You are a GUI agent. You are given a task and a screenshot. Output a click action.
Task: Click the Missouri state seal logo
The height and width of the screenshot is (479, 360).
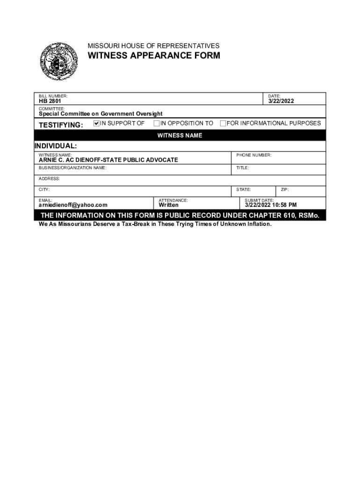(58, 61)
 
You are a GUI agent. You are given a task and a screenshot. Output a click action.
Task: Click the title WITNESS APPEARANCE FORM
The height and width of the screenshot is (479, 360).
(154, 56)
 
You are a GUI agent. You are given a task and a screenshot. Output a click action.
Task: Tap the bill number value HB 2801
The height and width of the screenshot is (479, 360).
(50, 101)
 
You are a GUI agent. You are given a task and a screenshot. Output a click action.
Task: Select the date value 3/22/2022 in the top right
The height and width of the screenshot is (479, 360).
(281, 101)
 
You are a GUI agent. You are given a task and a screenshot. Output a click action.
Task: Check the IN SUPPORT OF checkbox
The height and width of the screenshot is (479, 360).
(97, 123)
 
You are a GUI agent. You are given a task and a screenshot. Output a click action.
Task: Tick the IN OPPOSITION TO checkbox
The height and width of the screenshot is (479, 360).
(157, 123)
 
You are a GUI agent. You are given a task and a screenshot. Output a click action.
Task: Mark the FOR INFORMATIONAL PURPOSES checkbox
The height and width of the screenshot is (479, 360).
(223, 123)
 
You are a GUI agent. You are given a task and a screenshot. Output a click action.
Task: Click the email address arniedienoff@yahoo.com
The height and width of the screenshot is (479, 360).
(73, 205)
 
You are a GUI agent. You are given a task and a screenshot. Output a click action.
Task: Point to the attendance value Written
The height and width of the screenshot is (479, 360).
(169, 205)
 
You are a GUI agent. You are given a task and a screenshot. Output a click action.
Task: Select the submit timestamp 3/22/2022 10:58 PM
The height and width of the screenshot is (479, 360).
(271, 205)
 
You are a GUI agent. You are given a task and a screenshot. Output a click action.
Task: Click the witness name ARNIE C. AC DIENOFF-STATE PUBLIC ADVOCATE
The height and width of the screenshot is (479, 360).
(108, 160)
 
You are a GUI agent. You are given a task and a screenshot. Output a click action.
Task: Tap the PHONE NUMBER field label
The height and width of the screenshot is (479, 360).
(253, 155)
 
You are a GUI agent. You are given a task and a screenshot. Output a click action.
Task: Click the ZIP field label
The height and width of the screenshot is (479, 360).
(285, 189)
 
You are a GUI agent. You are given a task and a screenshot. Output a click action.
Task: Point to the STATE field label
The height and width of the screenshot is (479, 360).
(244, 189)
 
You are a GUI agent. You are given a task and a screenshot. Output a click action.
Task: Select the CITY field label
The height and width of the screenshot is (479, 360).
(44, 189)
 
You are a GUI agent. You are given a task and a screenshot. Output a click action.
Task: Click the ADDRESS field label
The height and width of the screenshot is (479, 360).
(49, 179)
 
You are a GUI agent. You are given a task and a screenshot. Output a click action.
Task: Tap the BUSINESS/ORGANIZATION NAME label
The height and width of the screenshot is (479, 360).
(72, 167)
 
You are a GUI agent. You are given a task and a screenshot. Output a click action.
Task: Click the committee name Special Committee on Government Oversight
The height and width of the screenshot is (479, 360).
(101, 114)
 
